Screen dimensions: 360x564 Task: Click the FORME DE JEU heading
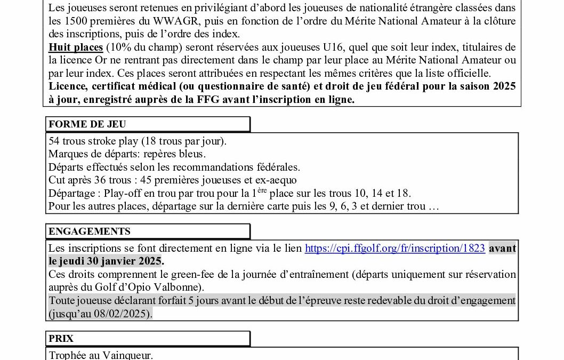tap(87, 124)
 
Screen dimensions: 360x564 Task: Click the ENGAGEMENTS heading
tap(89, 231)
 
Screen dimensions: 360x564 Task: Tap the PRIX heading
tap(61, 339)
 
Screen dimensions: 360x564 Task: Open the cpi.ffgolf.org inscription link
tap(394, 248)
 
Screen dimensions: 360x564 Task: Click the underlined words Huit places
tap(76, 47)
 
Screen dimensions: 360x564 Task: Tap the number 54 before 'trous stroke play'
tap(54, 142)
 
